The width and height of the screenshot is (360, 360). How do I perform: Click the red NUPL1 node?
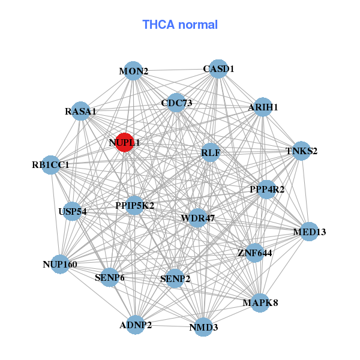pos(124,142)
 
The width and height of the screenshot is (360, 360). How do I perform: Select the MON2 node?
pos(134,71)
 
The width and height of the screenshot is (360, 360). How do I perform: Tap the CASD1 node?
pos(218,69)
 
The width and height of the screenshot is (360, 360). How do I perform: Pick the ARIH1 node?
pos(263,107)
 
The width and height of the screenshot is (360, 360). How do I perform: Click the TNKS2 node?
pos(301,151)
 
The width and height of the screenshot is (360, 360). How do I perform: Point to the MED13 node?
pos(309,232)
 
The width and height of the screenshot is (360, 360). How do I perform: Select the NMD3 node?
pos(203,327)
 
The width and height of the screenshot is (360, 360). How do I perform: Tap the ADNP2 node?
pos(136,325)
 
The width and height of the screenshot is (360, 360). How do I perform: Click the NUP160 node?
pos(59,264)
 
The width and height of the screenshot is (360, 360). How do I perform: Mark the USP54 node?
pos(73,211)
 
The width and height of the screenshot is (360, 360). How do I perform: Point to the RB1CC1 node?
pos(51,164)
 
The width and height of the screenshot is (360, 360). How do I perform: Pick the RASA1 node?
pos(81,111)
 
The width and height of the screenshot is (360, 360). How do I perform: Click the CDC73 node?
pos(176,103)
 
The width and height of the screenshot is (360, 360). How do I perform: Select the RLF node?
pos(211,153)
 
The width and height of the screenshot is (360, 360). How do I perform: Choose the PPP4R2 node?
pos(267,190)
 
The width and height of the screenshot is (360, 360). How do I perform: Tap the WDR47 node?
pos(197,217)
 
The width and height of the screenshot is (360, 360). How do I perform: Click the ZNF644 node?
pos(255,253)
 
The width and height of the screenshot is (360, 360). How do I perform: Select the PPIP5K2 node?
pos(135,205)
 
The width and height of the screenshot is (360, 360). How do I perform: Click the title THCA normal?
pos(180,25)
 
